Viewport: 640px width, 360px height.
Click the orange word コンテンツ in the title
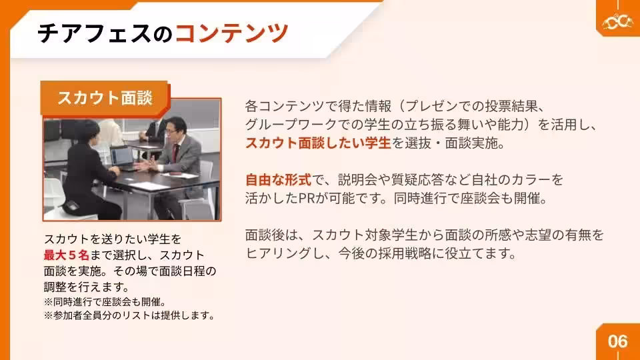(231, 33)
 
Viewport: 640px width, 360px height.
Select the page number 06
(617, 341)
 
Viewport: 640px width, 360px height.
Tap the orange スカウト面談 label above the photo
(105, 97)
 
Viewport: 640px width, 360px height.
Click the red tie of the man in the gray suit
(176, 149)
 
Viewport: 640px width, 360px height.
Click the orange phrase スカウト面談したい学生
(318, 143)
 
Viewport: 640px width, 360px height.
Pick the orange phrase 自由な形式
(278, 180)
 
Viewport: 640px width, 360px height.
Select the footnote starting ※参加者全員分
(129, 315)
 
